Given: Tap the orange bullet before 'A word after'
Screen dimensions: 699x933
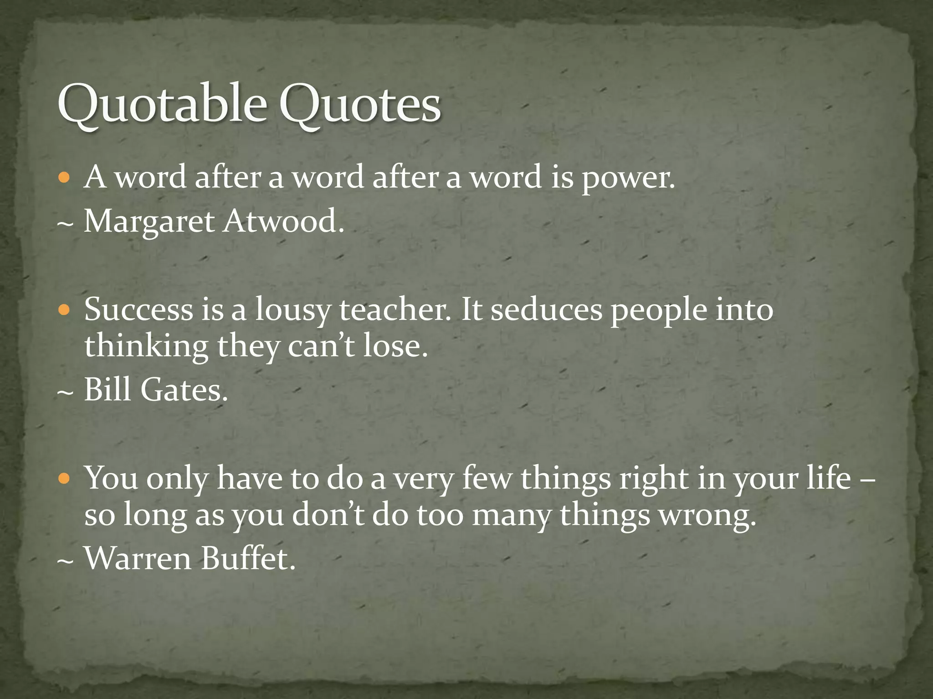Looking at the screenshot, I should point(66,177).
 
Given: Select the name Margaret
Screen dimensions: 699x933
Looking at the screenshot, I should point(149,223).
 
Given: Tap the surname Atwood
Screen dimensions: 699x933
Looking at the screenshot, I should point(282,222).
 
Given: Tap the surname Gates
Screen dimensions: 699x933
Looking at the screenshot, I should point(184,390).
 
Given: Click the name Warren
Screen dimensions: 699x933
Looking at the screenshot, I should point(138,558).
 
